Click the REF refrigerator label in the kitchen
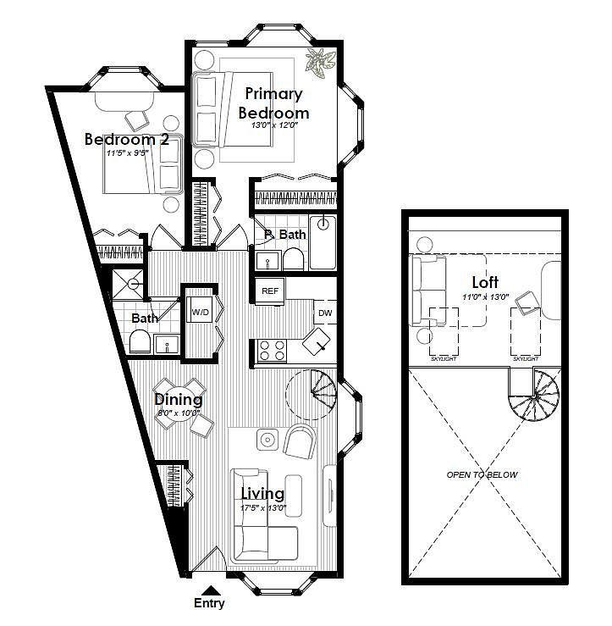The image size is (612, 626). (x=270, y=291)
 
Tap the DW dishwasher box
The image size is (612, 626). (x=325, y=313)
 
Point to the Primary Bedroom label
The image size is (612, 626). (x=273, y=103)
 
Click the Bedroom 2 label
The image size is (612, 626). (x=127, y=139)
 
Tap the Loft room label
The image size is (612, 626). (x=485, y=282)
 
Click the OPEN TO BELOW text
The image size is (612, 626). (x=482, y=474)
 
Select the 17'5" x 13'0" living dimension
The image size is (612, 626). (x=263, y=508)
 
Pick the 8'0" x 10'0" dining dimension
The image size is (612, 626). (x=179, y=413)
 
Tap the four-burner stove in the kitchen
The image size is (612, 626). (x=272, y=351)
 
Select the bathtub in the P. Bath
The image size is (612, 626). (x=323, y=242)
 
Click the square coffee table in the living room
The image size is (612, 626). (x=267, y=440)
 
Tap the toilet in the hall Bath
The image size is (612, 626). (x=140, y=341)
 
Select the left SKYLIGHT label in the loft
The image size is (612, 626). (x=444, y=359)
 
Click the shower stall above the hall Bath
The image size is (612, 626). (x=127, y=284)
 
